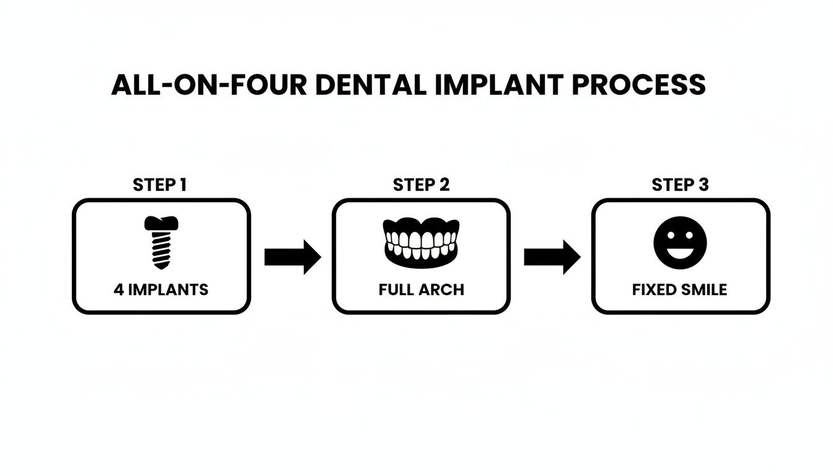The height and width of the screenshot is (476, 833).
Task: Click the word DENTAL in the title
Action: point(368,85)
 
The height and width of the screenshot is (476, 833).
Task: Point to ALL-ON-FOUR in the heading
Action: point(209,85)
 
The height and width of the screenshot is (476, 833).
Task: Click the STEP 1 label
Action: point(160,185)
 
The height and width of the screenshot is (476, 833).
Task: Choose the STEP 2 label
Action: point(421,185)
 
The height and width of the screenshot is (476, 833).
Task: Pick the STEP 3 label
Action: point(680,185)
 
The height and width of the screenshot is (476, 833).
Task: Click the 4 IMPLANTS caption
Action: point(161,289)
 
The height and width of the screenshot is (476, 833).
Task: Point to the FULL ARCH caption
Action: point(421,289)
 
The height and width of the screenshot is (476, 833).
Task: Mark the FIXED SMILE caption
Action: point(680,289)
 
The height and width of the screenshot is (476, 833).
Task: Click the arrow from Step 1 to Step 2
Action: point(292,257)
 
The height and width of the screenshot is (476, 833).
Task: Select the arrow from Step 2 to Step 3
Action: point(552,257)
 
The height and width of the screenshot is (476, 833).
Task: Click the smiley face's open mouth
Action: point(680,251)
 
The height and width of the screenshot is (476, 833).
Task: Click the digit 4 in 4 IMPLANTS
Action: point(118,289)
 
